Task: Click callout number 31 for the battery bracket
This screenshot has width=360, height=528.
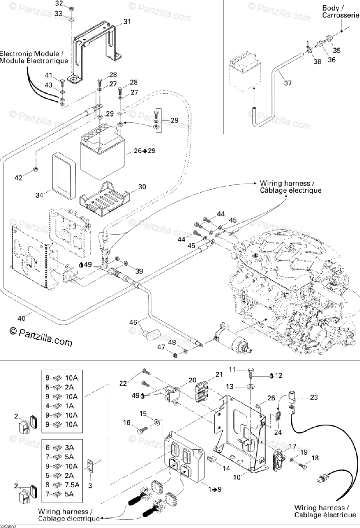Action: point(127,22)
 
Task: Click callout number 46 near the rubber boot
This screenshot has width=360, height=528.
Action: point(133,323)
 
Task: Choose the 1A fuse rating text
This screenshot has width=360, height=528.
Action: point(69,406)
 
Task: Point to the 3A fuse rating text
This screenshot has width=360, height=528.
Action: point(69,447)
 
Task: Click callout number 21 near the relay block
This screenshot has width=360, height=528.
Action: point(219,374)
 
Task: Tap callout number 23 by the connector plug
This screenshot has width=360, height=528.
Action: point(313,397)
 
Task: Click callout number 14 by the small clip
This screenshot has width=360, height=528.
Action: point(226,469)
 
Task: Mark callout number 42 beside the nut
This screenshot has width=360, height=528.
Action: point(18,178)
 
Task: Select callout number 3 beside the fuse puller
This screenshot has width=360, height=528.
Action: point(90,485)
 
